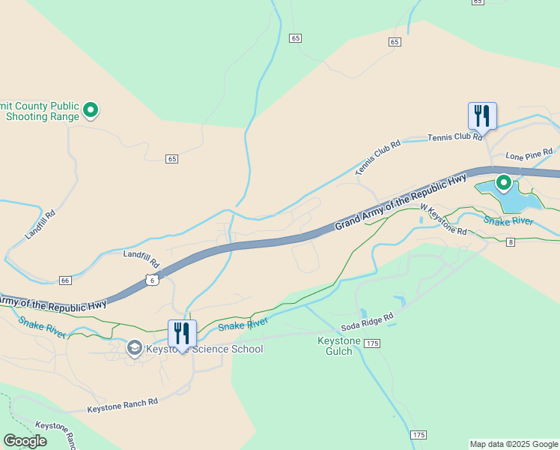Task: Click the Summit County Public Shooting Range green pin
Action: pyautogui.click(x=91, y=111)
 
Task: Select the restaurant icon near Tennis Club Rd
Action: pyautogui.click(x=482, y=116)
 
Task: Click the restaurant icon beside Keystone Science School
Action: pyautogui.click(x=182, y=334)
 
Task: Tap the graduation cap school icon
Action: pyautogui.click(x=134, y=347)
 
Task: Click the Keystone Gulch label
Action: pyautogui.click(x=339, y=346)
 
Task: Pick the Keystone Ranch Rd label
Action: pyautogui.click(x=123, y=405)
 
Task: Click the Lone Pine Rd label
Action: pyautogui.click(x=529, y=155)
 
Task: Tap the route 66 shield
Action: pyautogui.click(x=65, y=280)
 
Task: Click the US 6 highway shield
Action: pyautogui.click(x=152, y=279)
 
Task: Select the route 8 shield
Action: pyautogui.click(x=511, y=241)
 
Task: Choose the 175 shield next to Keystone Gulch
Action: pyautogui.click(x=374, y=343)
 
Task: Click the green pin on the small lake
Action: pyautogui.click(x=504, y=182)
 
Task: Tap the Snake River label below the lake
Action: pyautogui.click(x=508, y=220)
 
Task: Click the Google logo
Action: pyautogui.click(x=25, y=441)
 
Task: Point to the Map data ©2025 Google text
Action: pyautogui.click(x=514, y=444)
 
